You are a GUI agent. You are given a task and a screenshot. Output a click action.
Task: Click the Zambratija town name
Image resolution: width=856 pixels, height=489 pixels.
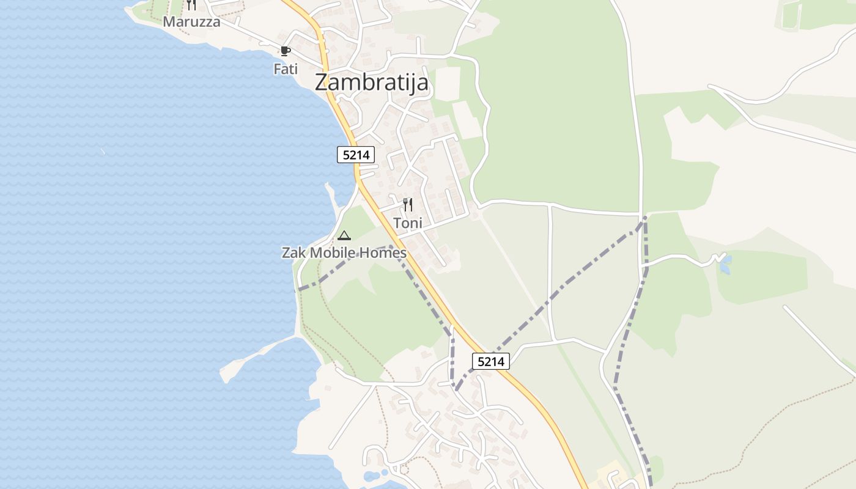coord(371,83)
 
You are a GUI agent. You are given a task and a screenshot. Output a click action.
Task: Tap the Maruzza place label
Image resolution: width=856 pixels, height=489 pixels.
coord(191,22)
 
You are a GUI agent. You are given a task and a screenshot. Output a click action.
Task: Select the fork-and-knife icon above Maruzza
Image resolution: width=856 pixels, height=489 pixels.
coord(191,5)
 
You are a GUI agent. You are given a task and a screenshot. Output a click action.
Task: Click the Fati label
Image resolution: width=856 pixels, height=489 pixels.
coord(286,69)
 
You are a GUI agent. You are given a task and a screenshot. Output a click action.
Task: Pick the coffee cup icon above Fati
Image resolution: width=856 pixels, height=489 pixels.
coord(285,51)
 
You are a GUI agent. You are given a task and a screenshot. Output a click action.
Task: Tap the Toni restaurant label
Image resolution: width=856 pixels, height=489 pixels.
coord(408,223)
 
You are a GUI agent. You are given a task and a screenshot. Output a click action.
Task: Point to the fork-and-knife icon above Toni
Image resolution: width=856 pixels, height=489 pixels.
coord(408,205)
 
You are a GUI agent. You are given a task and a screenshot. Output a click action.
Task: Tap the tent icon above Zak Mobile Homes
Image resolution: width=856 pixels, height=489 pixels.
coord(344,235)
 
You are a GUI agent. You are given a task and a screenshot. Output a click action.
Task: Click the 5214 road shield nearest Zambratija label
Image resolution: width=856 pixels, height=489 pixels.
coord(356,155)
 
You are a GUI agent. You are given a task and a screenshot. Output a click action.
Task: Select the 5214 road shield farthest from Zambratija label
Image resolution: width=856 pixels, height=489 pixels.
coord(491,361)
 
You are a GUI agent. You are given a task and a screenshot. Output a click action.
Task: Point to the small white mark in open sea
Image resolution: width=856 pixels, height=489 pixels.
coord(103,150)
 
